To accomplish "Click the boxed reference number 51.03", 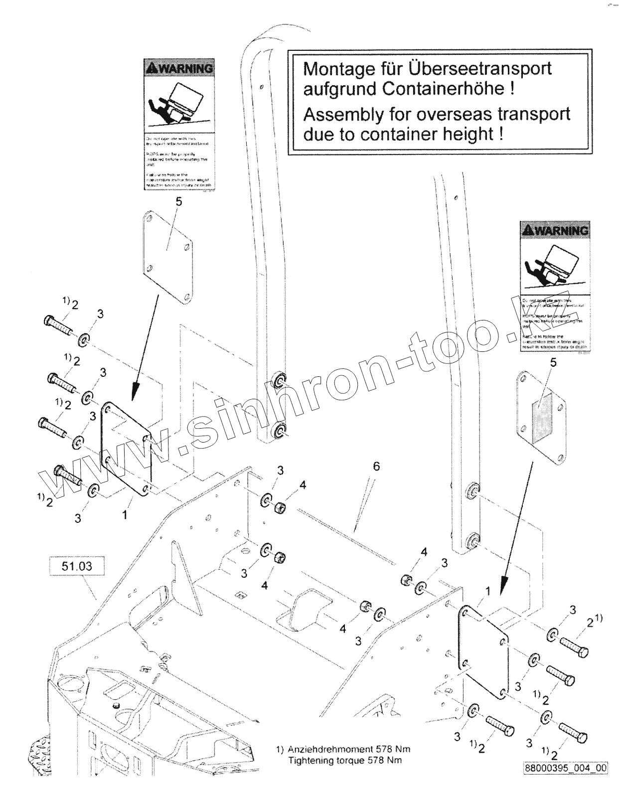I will coord(77,566).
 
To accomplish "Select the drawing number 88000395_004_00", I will coord(565,768).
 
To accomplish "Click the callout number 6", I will coord(376,466).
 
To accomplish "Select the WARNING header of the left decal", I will coord(179,68).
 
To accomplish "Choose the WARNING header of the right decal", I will coord(554,230).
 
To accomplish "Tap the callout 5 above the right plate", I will coord(553,362).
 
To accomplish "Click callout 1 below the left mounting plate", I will coord(125,513).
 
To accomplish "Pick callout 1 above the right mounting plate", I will coord(488,591).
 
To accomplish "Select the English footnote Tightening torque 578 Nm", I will coord(345,760).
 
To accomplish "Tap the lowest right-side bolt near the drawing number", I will coord(573,733).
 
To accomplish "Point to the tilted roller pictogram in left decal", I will coord(177,104).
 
